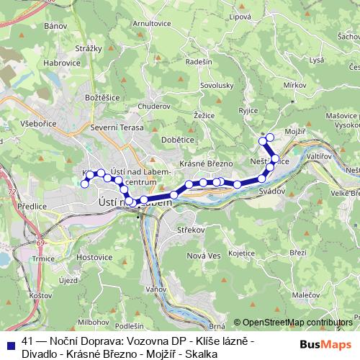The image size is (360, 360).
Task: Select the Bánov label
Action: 55,26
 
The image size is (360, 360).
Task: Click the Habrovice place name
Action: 61,63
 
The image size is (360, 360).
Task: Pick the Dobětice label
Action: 177,140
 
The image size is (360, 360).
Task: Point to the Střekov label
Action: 192,231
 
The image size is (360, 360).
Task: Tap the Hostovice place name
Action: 94,256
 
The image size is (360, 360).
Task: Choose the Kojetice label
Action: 242,253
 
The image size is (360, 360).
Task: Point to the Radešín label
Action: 198,62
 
